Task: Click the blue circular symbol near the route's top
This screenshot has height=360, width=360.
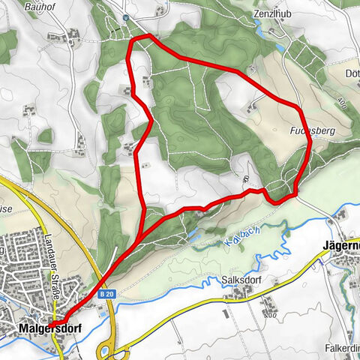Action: pyautogui.click(x=126, y=16)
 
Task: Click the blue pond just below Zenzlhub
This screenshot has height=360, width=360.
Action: pyautogui.click(x=279, y=46)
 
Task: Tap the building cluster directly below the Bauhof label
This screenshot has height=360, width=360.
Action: pyautogui.click(x=73, y=34)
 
